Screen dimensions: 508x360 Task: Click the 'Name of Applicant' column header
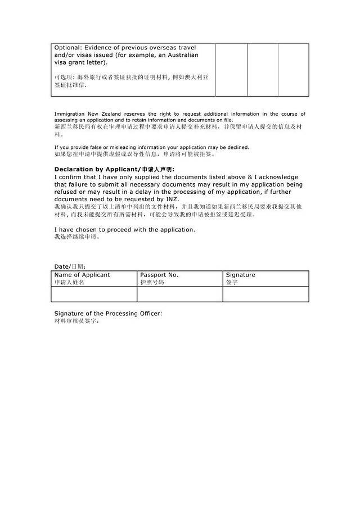click(82, 275)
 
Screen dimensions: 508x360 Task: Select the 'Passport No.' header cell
click(159, 275)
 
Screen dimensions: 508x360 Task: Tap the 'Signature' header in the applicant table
click(240, 275)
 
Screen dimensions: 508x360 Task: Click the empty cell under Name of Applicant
click(94, 294)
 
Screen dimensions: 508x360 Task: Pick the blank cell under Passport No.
click(180, 294)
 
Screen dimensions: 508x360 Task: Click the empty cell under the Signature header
click(265, 294)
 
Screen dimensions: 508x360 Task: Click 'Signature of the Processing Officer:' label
click(108, 313)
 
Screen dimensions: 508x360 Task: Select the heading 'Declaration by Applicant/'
click(96, 169)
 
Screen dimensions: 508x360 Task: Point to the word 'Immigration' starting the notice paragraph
click(68, 114)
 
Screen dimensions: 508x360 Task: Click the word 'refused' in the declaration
click(67, 192)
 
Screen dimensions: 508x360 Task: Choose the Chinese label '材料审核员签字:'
click(76, 321)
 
